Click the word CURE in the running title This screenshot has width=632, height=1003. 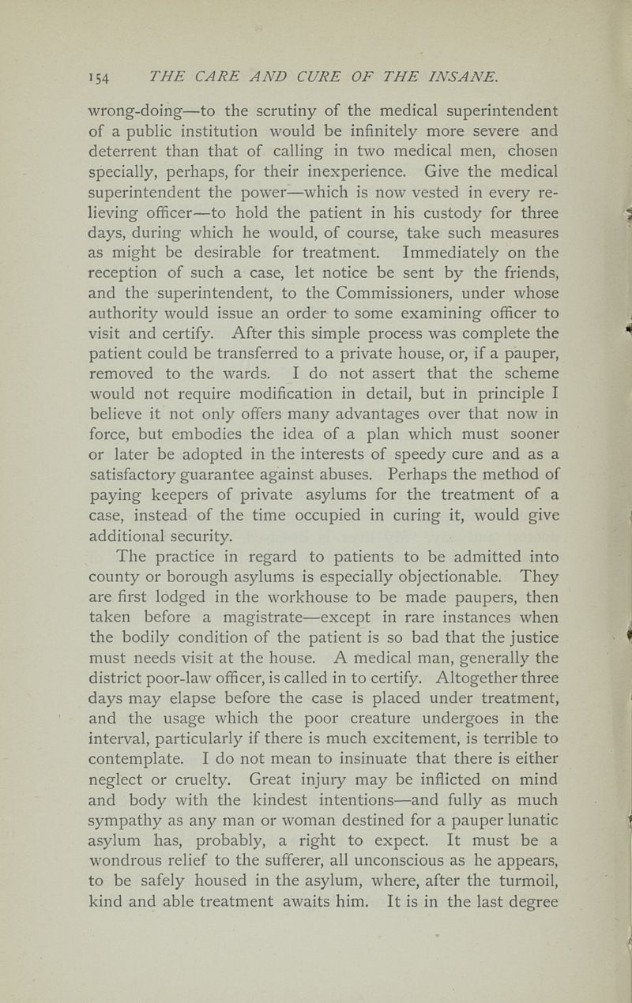coord(268,74)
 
